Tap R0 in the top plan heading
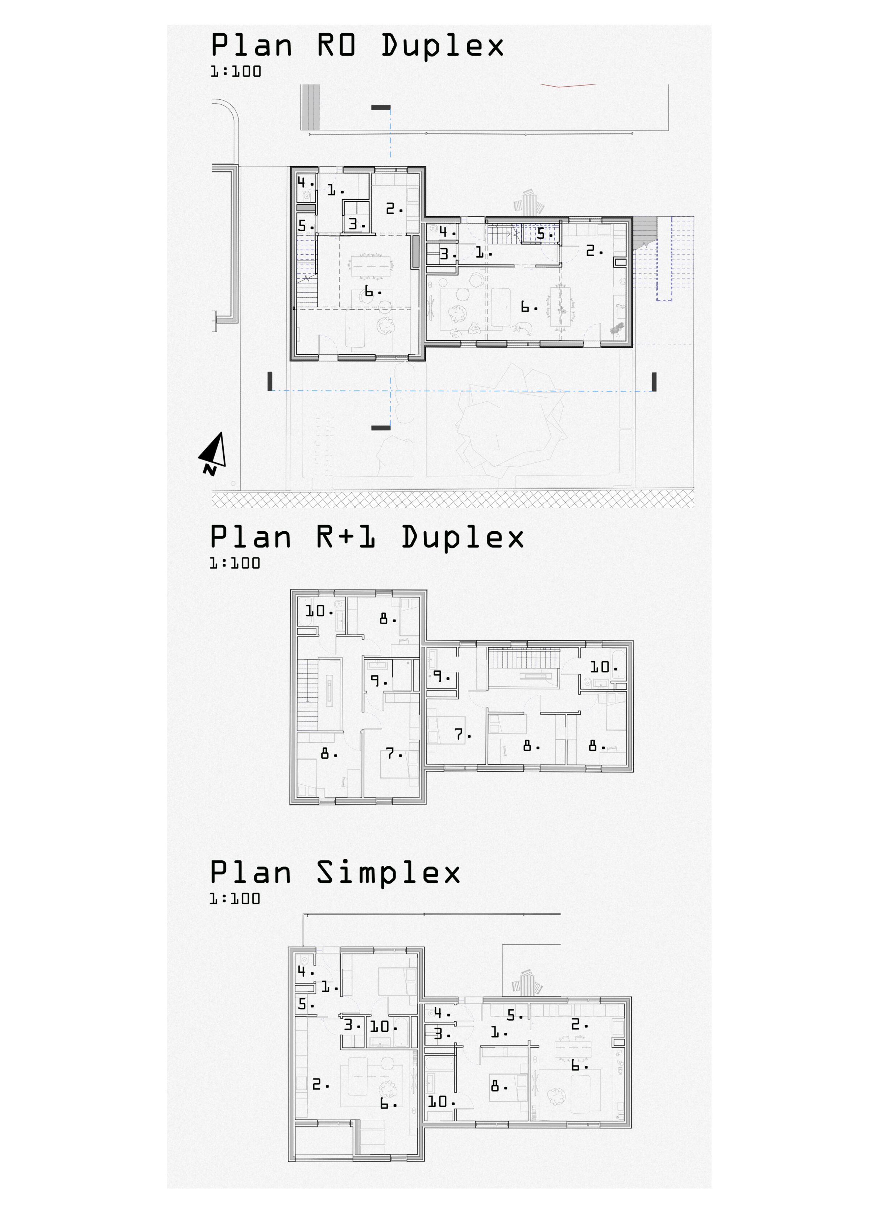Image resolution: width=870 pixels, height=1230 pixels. (336, 45)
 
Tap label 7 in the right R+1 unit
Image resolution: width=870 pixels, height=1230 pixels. (462, 734)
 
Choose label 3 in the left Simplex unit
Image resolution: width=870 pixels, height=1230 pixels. (351, 1025)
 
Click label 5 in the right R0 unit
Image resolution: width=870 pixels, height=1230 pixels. (544, 234)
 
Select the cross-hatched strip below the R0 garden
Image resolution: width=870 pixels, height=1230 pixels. (453, 500)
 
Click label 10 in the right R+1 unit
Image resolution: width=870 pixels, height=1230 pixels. (603, 666)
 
